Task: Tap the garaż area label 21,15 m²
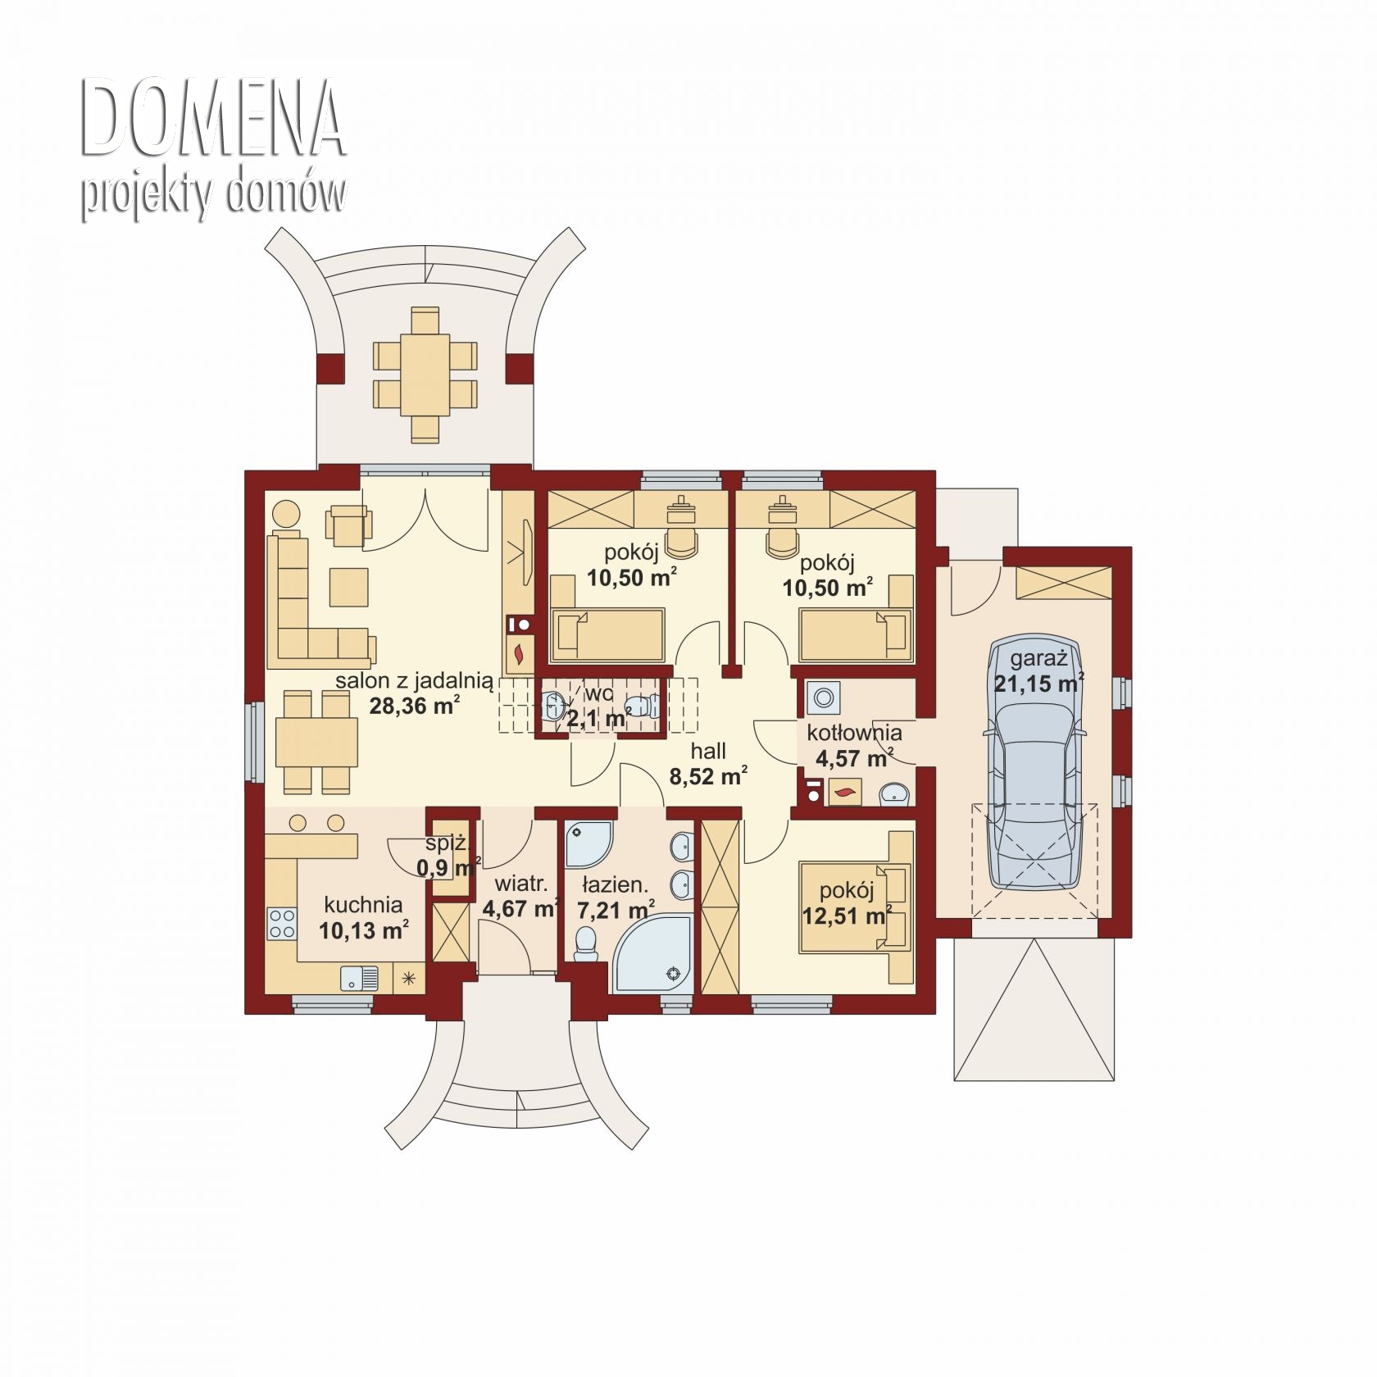pyautogui.click(x=1039, y=682)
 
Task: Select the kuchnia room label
pyautogui.click(x=363, y=905)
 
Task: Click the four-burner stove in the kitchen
pyautogui.click(x=282, y=924)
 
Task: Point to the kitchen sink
pyautogui.click(x=359, y=978)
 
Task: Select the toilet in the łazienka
pyautogui.click(x=585, y=943)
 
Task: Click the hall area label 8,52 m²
pyautogui.click(x=708, y=776)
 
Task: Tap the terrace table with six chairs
pyautogui.click(x=425, y=374)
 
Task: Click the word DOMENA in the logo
pyautogui.click(x=213, y=120)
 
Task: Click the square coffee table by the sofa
pyautogui.click(x=349, y=587)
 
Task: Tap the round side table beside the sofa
pyautogui.click(x=285, y=515)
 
